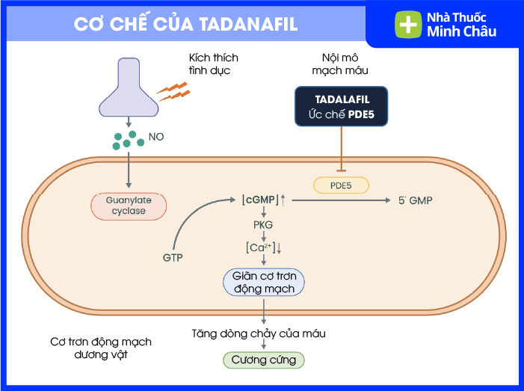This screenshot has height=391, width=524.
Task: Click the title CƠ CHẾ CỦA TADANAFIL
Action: pos(186,24)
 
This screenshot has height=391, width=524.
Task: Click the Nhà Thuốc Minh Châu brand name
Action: pos(461,25)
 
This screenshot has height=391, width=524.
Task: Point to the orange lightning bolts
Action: pos(173,92)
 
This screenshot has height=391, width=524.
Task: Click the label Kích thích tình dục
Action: pos(209,64)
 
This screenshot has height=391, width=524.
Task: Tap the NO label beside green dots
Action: pos(156,138)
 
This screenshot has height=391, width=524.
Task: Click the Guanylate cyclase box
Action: pos(129,206)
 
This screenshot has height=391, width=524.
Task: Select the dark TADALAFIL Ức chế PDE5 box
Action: pos(342,106)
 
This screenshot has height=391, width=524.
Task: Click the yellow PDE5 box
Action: pos(341,184)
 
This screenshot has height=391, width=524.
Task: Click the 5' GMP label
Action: pos(415,200)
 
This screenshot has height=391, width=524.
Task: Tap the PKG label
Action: pos(263,224)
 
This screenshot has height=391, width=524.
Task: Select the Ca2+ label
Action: pos(262,247)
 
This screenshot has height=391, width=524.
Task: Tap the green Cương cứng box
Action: pos(264,360)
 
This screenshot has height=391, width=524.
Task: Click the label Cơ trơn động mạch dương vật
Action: pos(101,348)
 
